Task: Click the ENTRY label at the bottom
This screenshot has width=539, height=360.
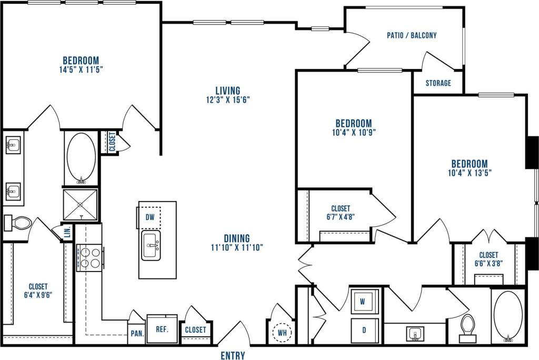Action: coord(233,356)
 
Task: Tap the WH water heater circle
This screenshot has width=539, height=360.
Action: coord(283,333)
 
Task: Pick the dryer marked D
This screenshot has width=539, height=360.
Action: coord(364,330)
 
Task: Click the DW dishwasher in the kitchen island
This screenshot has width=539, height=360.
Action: coord(150,217)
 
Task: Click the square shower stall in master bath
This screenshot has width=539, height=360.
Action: coord(81,204)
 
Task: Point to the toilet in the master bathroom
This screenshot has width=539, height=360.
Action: coord(18,223)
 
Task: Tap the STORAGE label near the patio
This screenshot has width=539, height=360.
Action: coord(438,83)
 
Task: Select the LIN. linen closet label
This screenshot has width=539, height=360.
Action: coord(68,232)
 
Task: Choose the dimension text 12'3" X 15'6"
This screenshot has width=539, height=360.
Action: coord(227,99)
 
